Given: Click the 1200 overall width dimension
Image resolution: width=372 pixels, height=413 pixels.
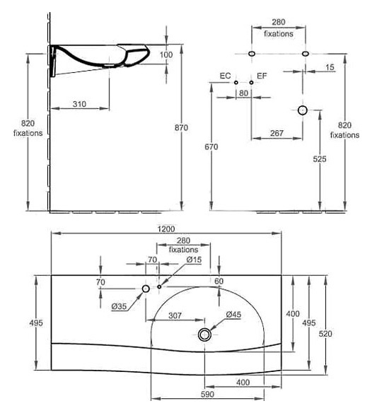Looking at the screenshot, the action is tap(166, 229).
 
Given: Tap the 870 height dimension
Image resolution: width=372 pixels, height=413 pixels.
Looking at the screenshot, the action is tap(181, 128).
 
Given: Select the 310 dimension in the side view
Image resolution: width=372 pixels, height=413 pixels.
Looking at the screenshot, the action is tap(79, 104).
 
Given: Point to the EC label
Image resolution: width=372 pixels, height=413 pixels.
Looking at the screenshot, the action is tap(226, 76).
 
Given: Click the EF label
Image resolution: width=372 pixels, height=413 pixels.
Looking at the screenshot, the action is tap(262, 76).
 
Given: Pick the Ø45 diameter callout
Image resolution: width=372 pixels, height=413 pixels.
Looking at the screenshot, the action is tap(233, 315).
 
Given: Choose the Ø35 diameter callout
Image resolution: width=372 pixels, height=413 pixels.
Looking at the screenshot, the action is tap(119, 306).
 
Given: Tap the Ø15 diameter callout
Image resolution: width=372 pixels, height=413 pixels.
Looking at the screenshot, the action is tap(194, 260).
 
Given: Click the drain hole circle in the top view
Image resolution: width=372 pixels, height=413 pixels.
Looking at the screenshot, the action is tap(204, 335).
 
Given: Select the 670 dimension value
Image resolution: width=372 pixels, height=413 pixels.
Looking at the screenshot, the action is tap(211, 146).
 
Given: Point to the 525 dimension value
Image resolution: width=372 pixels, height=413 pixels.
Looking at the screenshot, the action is tap(320, 159).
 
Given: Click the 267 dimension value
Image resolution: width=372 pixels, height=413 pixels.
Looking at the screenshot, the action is tap(277, 133).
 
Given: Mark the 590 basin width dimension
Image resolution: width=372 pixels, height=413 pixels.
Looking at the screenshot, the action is tap(208, 395).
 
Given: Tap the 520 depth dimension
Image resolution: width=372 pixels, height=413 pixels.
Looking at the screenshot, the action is tap(325, 334).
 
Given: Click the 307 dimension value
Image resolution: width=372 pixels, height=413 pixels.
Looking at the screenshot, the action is tap(175, 315).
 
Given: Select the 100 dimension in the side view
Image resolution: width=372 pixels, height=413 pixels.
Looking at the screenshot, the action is tap(166, 54).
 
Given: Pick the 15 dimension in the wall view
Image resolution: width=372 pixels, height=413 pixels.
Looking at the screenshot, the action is tap(330, 67).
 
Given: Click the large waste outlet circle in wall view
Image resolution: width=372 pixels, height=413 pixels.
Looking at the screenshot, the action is tap(303, 110).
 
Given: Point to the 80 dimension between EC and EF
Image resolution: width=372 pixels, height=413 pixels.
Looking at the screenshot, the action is tap(243, 93).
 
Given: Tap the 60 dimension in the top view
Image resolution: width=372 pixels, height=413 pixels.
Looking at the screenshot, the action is tap(219, 281).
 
